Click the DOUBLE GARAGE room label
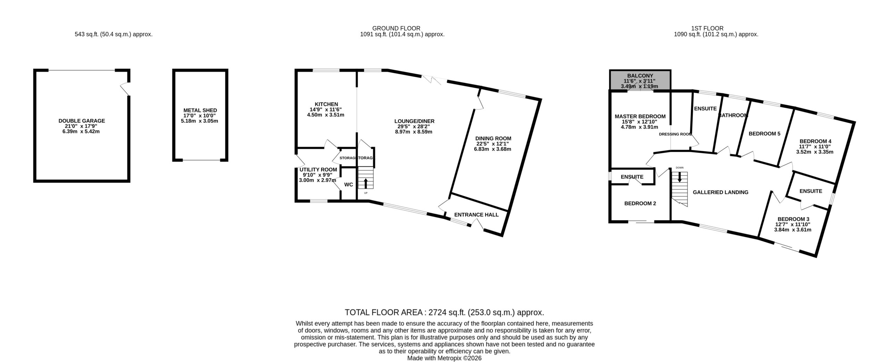[82, 121]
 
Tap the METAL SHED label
[200, 110]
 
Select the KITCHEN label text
[326, 104]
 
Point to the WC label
[349, 184]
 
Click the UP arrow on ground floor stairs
[365, 183]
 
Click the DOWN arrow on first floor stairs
[680, 177]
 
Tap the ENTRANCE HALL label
[476, 215]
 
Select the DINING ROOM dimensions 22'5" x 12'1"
[493, 144]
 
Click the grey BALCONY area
[640, 80]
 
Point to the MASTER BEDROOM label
[640, 116]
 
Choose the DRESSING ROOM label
[675, 134]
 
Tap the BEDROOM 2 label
[640, 204]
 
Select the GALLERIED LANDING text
[721, 192]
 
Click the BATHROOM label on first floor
[733, 115]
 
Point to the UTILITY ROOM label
[317, 170]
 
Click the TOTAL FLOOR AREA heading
[444, 312]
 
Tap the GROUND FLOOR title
[396, 28]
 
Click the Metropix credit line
[444, 358]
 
